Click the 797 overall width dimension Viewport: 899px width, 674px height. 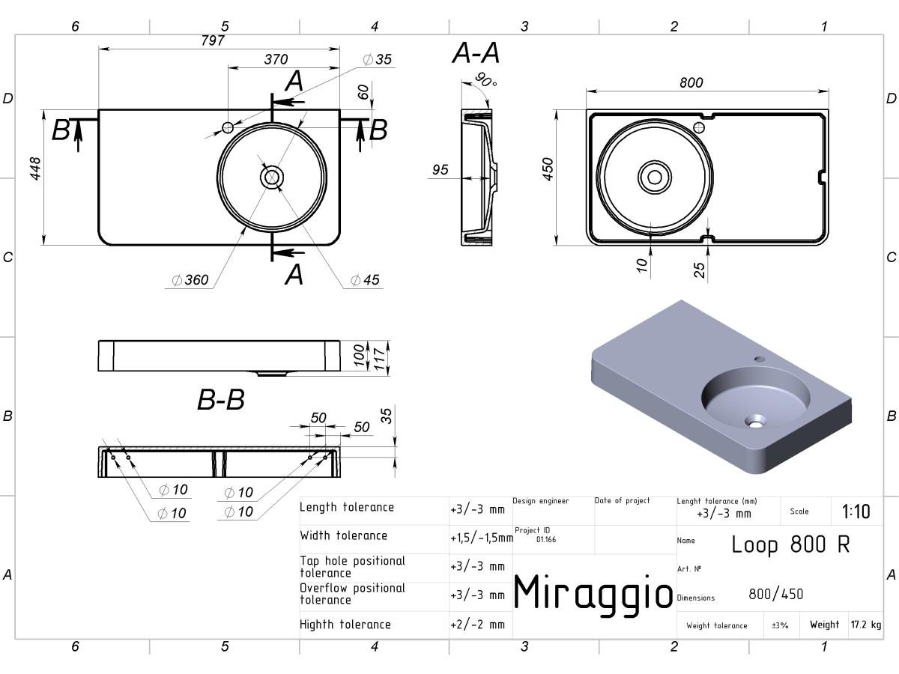(213, 40)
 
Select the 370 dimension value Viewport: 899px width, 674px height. (276, 59)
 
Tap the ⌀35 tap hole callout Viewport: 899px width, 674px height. (378, 59)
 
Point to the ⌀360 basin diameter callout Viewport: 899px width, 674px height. (190, 280)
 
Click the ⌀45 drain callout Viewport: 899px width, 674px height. (366, 280)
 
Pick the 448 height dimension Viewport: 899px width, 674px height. (35, 168)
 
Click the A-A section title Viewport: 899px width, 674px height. (476, 52)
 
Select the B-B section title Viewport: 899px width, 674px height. (221, 399)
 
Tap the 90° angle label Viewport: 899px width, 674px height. (485, 80)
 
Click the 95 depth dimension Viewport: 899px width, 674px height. (441, 169)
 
